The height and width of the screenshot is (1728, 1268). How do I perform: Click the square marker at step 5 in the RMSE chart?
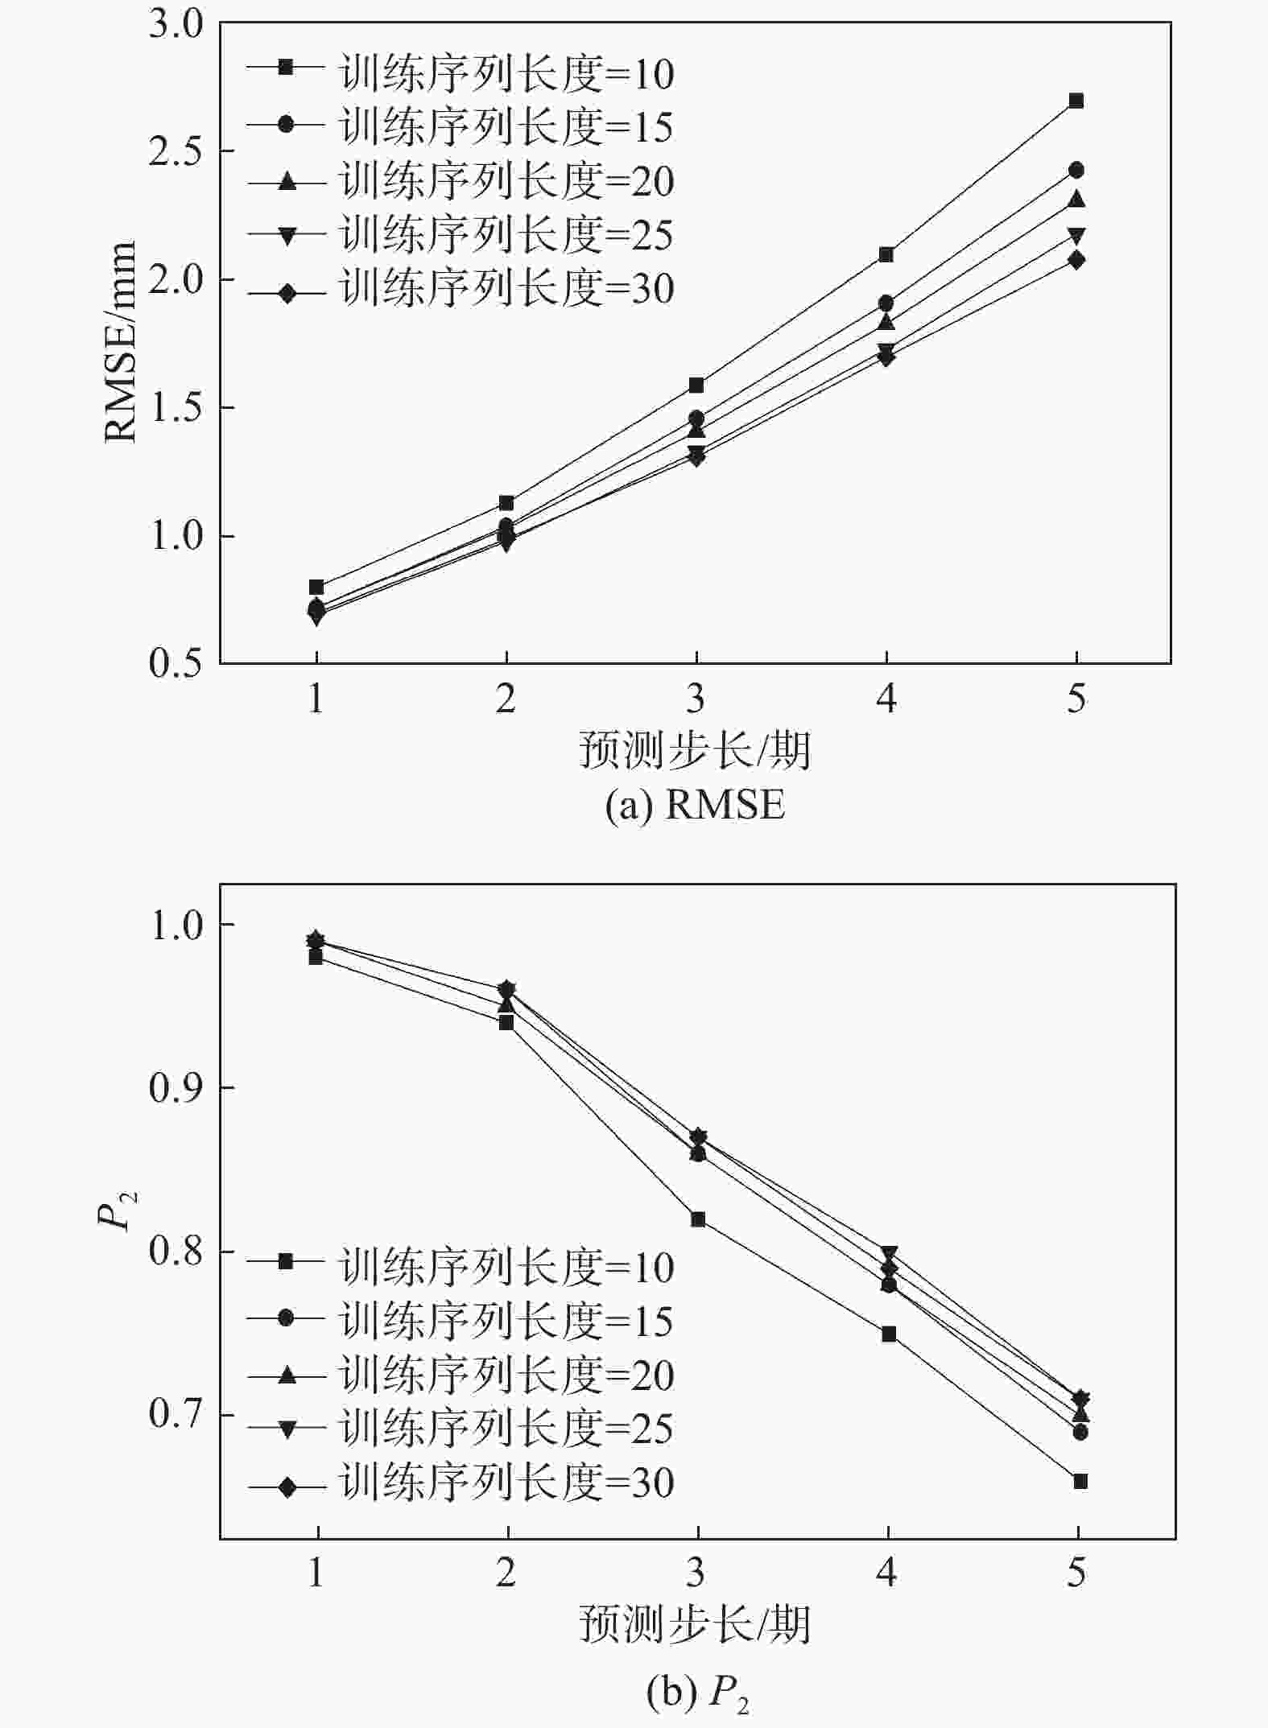click(x=1076, y=101)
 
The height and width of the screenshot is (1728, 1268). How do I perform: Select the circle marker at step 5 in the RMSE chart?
click(x=1076, y=171)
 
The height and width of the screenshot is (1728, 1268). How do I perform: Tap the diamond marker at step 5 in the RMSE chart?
click(x=1076, y=260)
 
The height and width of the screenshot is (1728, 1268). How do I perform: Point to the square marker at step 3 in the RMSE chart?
click(x=696, y=386)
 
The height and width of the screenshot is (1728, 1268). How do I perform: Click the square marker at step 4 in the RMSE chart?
click(x=886, y=255)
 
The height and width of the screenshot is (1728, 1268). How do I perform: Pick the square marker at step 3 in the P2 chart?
click(x=698, y=1220)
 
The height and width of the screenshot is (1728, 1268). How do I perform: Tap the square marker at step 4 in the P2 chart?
click(x=889, y=1334)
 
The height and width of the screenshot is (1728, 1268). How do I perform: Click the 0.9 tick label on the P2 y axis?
click(x=176, y=1088)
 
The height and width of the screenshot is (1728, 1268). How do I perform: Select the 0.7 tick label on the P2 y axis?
click(x=176, y=1415)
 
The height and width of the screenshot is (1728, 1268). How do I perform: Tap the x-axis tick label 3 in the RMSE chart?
click(x=696, y=699)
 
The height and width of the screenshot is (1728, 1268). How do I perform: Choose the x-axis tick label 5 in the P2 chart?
click(x=1077, y=1573)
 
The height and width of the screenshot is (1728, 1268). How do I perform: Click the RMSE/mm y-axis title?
click(x=121, y=341)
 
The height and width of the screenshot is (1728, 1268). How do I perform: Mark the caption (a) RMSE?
click(x=695, y=806)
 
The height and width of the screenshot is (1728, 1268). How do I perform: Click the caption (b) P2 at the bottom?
click(x=698, y=1693)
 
